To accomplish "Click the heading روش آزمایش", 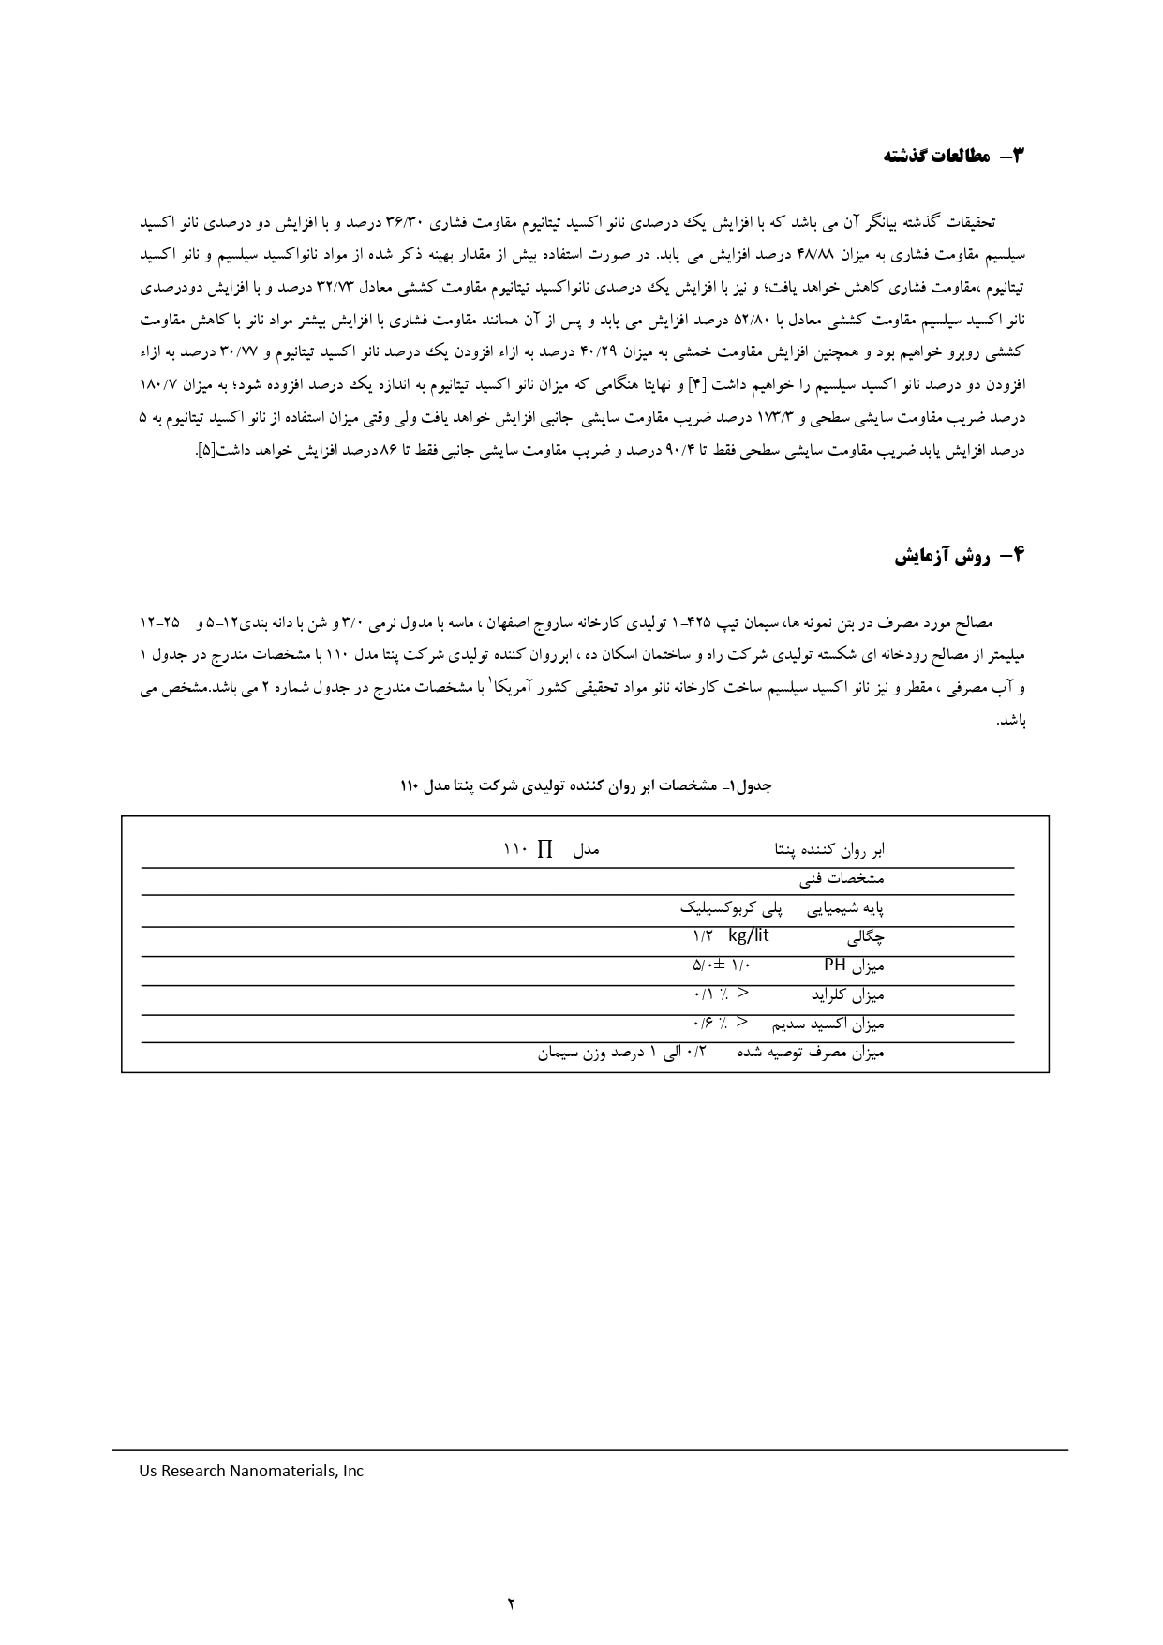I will (958, 557).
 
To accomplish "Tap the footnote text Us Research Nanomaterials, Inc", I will (251, 1471).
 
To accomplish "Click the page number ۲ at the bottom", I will (512, 1604).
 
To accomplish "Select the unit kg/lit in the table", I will (748, 935).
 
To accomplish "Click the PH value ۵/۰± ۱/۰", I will (723, 965).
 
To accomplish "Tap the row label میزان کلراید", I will (847, 994).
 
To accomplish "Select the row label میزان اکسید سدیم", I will (828, 1024).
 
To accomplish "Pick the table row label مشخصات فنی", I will (842, 879).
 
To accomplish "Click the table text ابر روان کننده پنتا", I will (829, 850).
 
